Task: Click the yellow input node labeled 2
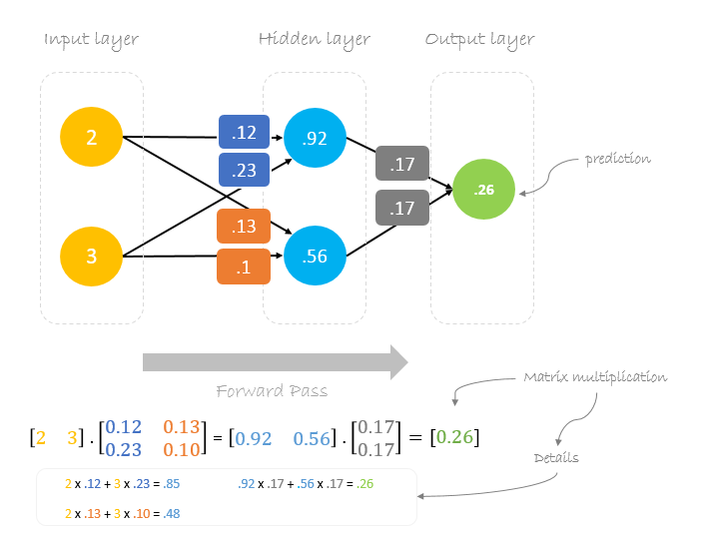click(91, 138)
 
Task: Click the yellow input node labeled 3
click(91, 256)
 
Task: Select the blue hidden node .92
click(315, 138)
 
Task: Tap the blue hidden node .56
click(315, 256)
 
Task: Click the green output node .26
click(483, 189)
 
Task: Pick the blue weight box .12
click(245, 133)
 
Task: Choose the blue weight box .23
click(245, 170)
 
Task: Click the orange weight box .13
click(245, 226)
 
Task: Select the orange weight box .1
click(245, 266)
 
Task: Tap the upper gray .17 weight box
click(402, 163)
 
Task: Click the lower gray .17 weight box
click(402, 208)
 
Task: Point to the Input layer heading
click(91, 40)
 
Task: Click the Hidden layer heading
click(315, 40)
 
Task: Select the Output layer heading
click(479, 40)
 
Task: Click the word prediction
click(619, 158)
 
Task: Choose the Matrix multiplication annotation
click(595, 377)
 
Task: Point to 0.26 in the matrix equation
click(454, 437)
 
